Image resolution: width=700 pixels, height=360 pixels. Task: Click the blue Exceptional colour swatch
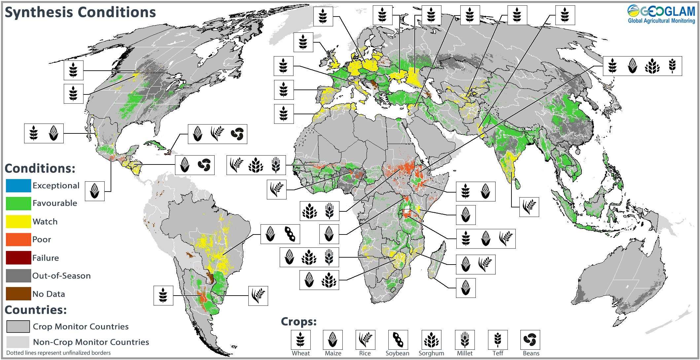click(x=18, y=186)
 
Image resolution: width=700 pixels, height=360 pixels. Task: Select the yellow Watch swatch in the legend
click(x=18, y=222)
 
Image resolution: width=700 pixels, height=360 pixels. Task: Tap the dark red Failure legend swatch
click(x=18, y=258)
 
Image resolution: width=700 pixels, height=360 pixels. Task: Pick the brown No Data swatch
click(x=18, y=294)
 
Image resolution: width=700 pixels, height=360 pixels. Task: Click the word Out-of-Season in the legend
click(x=61, y=276)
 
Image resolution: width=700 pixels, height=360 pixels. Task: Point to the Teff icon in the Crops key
click(x=498, y=340)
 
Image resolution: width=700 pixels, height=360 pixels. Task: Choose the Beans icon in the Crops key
click(x=530, y=340)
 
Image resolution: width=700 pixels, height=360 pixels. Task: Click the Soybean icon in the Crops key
click(x=398, y=340)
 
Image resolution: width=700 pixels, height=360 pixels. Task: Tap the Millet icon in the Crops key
click(x=465, y=340)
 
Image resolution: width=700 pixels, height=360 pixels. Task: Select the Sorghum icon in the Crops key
click(x=431, y=340)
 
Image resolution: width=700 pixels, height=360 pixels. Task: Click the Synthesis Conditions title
click(x=80, y=13)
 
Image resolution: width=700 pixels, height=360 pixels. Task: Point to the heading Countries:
click(x=36, y=310)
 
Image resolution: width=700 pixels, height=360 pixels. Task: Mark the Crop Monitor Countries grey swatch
click(x=18, y=326)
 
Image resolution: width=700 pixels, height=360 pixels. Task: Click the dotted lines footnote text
click(x=58, y=353)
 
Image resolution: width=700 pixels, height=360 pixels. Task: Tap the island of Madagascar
click(x=437, y=261)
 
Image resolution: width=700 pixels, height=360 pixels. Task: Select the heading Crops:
click(x=298, y=321)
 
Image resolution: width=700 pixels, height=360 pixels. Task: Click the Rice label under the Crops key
click(x=365, y=353)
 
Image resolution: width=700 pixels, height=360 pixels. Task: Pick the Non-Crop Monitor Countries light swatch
click(x=18, y=342)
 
